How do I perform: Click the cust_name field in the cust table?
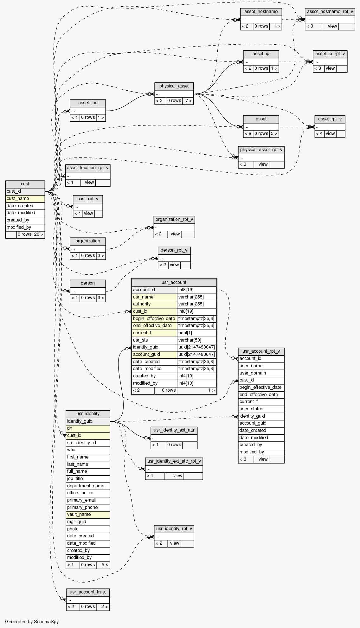click(25, 199)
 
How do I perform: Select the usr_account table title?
click(174, 282)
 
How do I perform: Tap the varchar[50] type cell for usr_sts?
click(196, 340)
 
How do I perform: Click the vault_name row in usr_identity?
click(88, 515)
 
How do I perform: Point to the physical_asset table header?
click(174, 86)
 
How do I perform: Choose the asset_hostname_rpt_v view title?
click(330, 12)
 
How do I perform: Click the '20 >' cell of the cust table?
click(38, 234)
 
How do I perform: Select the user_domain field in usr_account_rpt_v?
click(261, 373)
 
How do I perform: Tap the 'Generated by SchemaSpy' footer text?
click(32, 622)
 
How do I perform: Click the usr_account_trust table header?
click(88, 592)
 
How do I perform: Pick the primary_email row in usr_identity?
click(88, 500)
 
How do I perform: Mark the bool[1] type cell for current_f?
click(196, 333)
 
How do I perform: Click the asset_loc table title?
click(88, 103)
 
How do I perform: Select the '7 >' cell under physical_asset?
click(188, 101)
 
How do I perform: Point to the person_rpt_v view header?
click(174, 250)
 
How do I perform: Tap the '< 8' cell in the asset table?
click(248, 134)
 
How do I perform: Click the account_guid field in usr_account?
click(154, 355)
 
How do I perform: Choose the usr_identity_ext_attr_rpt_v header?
click(174, 461)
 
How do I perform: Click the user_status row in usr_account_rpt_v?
click(261, 409)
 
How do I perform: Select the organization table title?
click(88, 241)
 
